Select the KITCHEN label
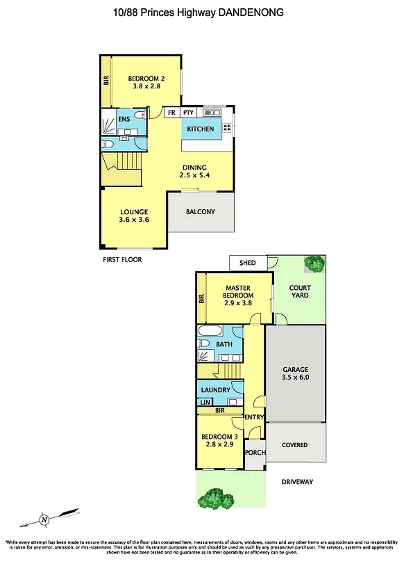click(x=201, y=129)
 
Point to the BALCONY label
click(x=201, y=212)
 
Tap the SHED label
click(x=247, y=263)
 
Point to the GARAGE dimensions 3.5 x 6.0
click(x=295, y=379)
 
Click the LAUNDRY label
click(x=215, y=390)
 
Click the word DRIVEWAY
click(x=298, y=482)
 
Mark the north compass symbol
click(x=44, y=518)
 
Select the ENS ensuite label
click(x=124, y=119)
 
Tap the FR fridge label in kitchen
click(x=171, y=113)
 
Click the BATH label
click(x=224, y=344)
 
